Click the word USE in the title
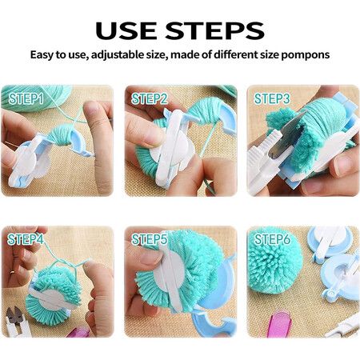(126, 30)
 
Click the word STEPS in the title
(214, 30)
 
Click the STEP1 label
(26, 98)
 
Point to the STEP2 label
(150, 98)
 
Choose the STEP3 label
(272, 98)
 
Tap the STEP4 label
(26, 239)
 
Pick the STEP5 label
(150, 239)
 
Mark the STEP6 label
(272, 239)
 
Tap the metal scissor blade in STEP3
(290, 134)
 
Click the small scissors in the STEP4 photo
(17, 322)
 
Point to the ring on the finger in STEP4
(12, 272)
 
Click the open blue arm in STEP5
(214, 324)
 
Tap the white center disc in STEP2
(174, 150)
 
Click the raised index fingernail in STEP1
(91, 109)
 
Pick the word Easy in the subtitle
(42, 55)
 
